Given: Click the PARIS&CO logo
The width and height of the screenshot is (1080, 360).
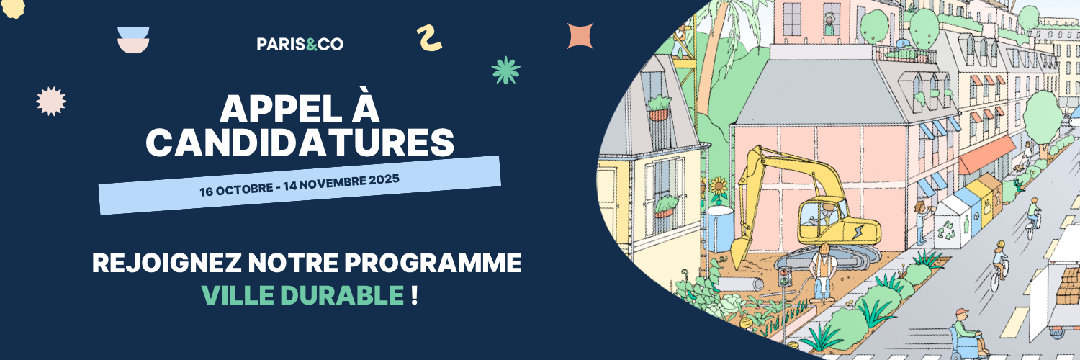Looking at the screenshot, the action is coord(300,44).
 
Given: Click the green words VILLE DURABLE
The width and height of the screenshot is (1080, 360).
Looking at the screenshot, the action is coord(303,295).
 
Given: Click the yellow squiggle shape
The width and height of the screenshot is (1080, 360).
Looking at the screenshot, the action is coord(428,39).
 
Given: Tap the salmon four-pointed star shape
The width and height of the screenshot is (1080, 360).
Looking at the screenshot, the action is coord(580,36).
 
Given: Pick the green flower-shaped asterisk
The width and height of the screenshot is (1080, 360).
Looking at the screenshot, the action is coord(505,71).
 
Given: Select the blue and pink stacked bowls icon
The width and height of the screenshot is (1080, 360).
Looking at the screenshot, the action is coord(133,40).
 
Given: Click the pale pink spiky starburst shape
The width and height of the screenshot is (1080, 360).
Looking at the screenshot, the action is coord(51,102).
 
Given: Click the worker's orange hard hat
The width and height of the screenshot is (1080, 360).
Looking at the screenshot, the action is coord(824,248).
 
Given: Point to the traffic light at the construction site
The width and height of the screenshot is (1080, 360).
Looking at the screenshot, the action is coord(786,278).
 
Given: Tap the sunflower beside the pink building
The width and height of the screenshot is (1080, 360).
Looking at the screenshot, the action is coord(719,187).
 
